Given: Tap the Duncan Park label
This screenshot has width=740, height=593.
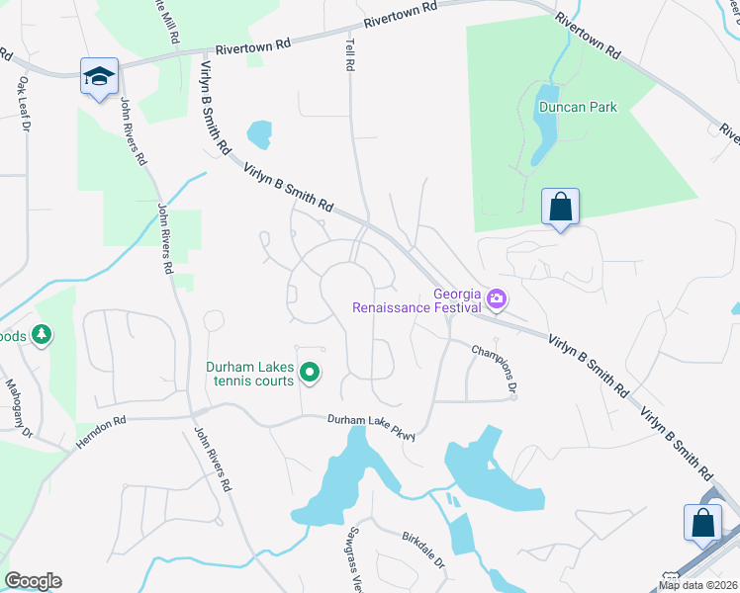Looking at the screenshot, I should coord(578,107).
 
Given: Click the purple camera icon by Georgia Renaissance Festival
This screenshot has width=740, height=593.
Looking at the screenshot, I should coord(497,296).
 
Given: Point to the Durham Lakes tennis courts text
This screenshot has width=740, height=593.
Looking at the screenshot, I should coord(250,374).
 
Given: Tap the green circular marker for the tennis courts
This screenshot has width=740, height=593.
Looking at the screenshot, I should coord(310,373).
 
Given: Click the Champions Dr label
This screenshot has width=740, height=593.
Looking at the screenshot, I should coord(495,368).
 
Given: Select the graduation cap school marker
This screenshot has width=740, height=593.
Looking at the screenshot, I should coord(99,77).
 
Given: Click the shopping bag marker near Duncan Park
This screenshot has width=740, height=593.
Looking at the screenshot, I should coord(560,207).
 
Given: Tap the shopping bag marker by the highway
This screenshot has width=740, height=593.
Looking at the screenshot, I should coord(702,523).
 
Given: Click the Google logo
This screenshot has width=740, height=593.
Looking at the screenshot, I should coord(33,581).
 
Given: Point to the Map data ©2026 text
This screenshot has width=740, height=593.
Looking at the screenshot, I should coord(697,585).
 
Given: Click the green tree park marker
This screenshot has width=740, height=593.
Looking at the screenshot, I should coord(41,335).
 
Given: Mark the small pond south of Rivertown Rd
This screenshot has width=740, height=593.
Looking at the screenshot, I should coord(258,132).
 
